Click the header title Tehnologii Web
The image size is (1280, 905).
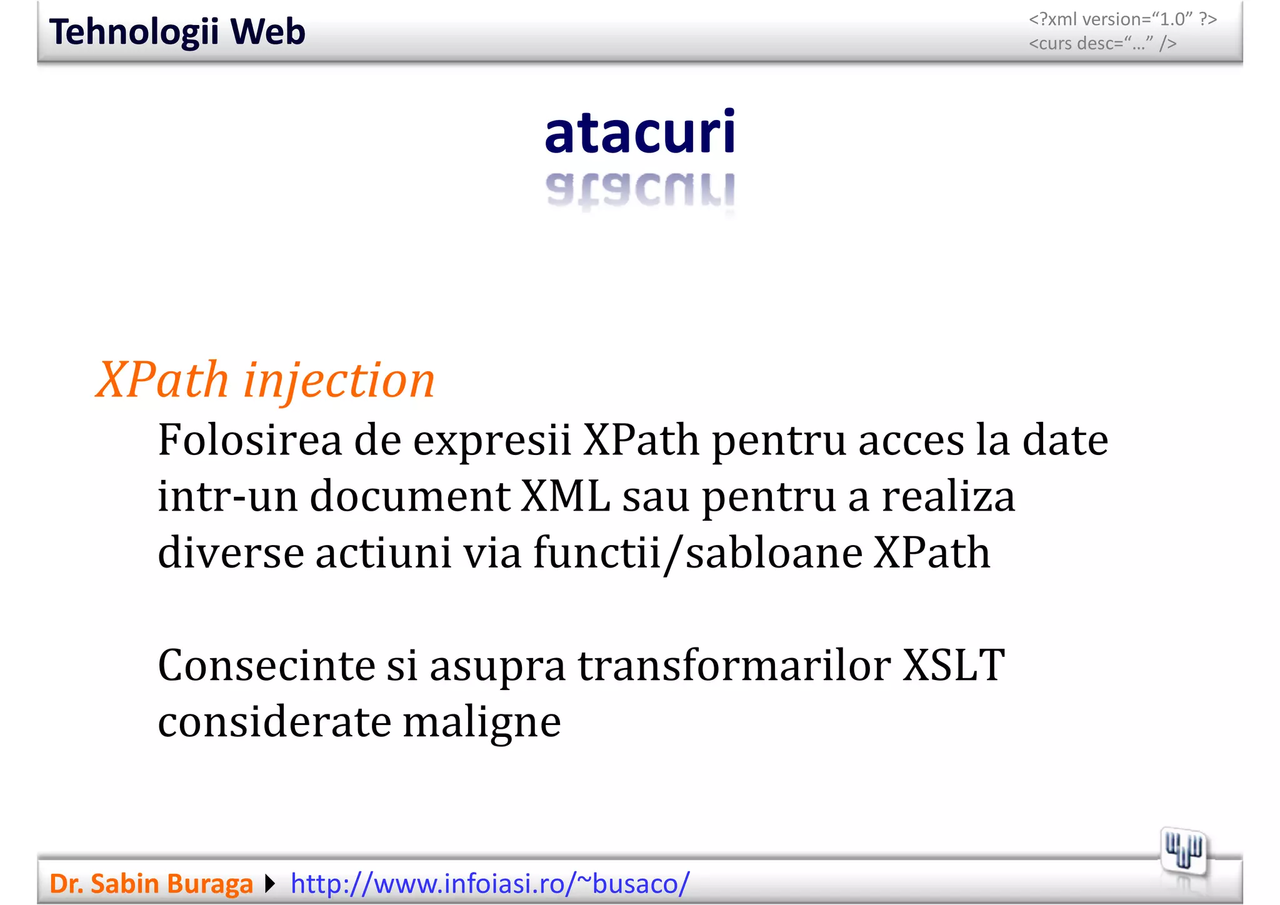point(177,32)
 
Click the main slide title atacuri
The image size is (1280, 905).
point(640,132)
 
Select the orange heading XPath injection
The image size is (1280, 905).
point(266,380)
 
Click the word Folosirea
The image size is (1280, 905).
point(249,441)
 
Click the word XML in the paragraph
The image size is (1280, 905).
point(566,497)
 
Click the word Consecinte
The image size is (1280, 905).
point(265,666)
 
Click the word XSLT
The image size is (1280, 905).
point(954,666)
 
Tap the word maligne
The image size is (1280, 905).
point(481,722)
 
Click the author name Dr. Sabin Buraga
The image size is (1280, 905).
point(151,884)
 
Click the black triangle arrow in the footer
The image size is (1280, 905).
point(270,884)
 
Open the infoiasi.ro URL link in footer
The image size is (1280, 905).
point(490,884)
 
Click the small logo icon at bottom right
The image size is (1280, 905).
point(1183,851)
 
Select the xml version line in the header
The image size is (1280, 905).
point(1122,19)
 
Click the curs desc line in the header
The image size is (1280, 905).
point(1102,44)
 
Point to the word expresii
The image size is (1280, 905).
point(492,441)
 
